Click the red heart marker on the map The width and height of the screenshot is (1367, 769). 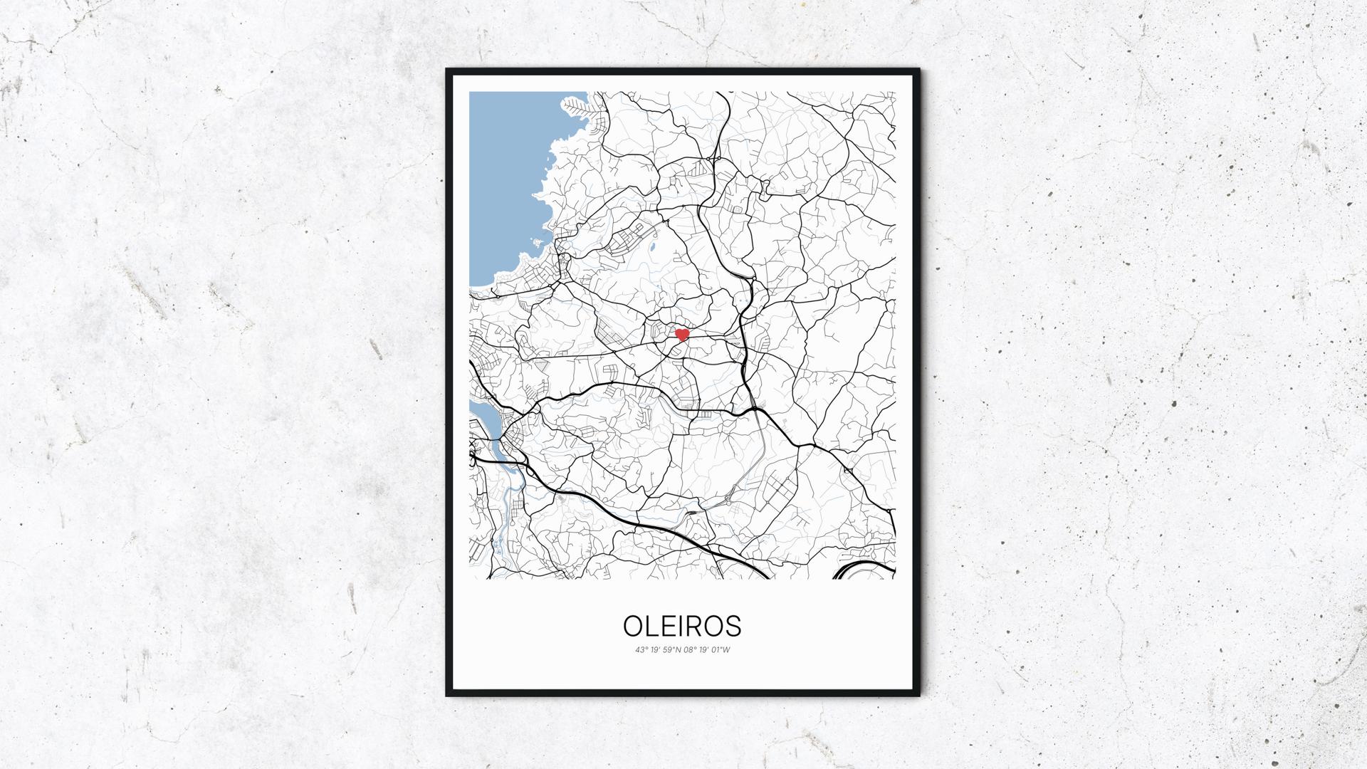(x=682, y=334)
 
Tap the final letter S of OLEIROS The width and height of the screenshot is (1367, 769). (x=733, y=626)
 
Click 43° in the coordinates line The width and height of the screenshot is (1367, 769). (x=641, y=649)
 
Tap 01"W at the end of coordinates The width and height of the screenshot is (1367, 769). (x=722, y=649)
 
